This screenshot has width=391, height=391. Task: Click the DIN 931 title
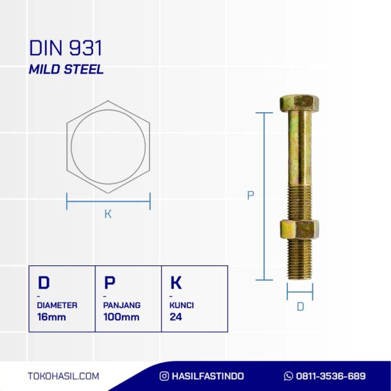tap(66, 48)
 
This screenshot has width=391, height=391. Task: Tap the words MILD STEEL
tap(66, 69)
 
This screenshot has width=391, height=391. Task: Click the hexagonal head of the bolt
tap(299, 102)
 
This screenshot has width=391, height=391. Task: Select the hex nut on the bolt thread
tap(299, 229)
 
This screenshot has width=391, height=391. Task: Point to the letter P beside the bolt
tap(250, 195)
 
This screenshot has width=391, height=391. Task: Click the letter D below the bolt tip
tap(300, 307)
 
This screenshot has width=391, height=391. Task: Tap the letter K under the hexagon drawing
tap(108, 214)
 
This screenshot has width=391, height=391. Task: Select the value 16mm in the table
tap(51, 317)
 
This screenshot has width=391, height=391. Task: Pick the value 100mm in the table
tap(121, 317)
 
